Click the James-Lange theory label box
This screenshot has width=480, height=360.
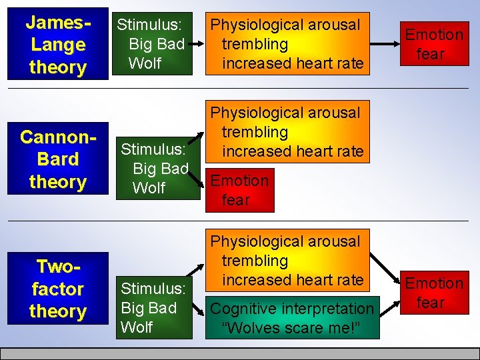click(x=58, y=44)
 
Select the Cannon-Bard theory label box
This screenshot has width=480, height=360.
click(x=58, y=159)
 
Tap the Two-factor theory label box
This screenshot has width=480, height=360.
click(x=58, y=289)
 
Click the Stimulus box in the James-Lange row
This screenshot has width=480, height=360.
click(x=153, y=44)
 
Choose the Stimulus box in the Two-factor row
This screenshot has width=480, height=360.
click(x=153, y=307)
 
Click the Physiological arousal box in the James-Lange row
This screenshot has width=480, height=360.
click(x=287, y=44)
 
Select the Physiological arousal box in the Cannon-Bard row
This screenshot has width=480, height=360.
click(x=287, y=132)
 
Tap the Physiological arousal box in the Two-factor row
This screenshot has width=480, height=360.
click(x=287, y=261)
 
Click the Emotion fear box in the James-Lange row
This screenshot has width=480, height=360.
click(x=434, y=43)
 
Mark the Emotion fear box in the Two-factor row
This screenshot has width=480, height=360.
click(x=434, y=293)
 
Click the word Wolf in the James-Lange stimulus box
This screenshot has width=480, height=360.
click(x=145, y=63)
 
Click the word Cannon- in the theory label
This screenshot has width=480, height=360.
click(x=58, y=137)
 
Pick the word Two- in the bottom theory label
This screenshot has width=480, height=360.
click(x=58, y=267)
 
